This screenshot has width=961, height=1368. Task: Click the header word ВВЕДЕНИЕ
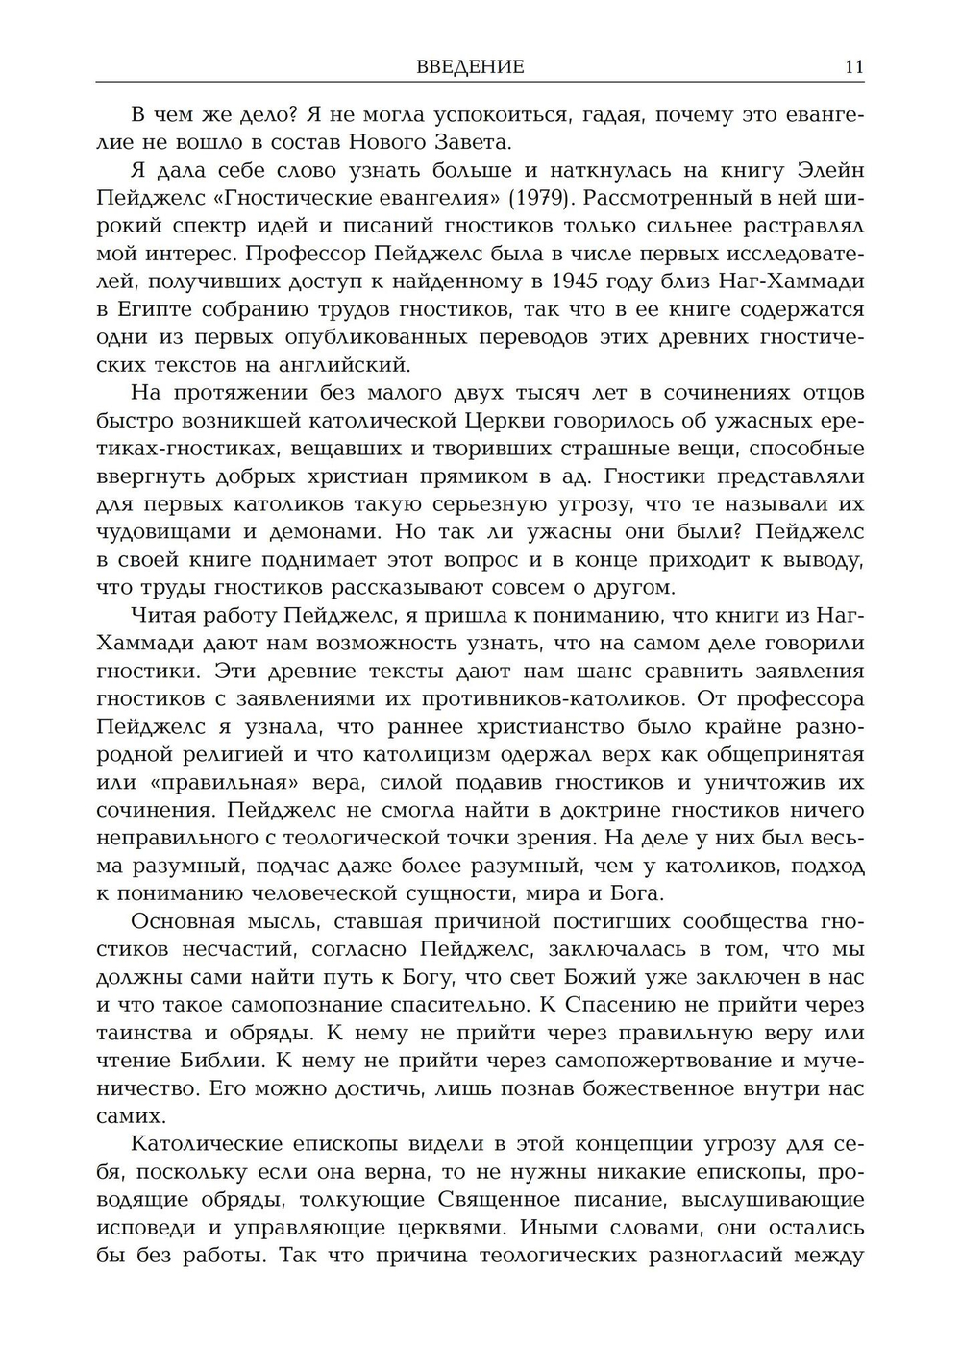click(x=470, y=67)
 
